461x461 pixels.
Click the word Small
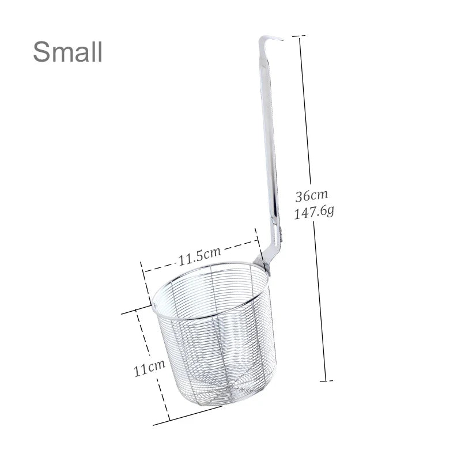point(67,51)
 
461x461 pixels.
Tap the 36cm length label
point(311,195)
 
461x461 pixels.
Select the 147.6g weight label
point(314,211)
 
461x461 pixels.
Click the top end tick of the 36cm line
point(298,36)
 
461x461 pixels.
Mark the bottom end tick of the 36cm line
point(326,381)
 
